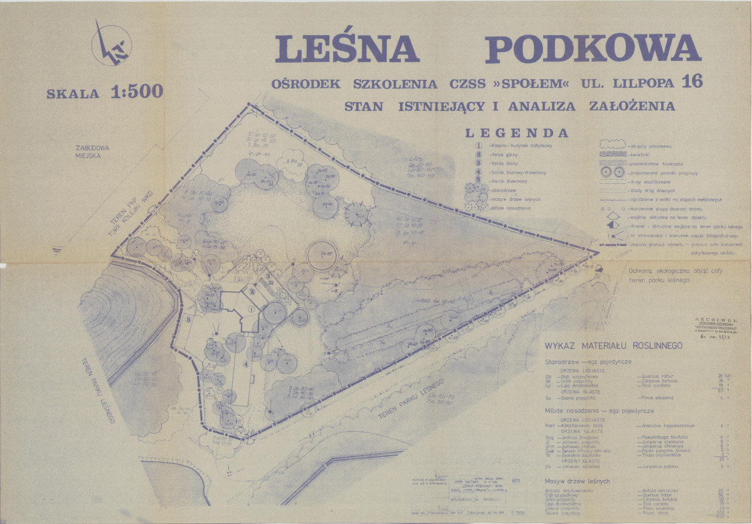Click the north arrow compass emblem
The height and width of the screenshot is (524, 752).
pos(111,45)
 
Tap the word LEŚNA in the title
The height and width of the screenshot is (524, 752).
pos(346,49)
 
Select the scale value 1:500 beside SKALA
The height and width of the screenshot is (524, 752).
pos(137,92)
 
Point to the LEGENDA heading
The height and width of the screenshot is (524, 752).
pos(516,133)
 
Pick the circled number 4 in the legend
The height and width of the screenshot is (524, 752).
pos(478,171)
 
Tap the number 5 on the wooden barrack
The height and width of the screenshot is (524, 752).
pos(188,319)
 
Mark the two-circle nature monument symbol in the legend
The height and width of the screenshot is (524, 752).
pos(612,172)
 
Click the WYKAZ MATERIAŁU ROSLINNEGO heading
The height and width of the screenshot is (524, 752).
pos(613,346)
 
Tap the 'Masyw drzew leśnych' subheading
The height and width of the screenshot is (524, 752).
pos(577,481)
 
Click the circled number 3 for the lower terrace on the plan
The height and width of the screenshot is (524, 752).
pos(267,275)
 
